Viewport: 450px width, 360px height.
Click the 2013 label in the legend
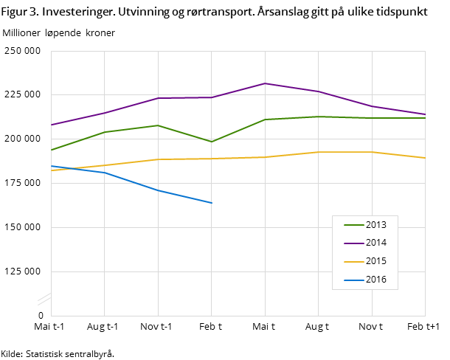tap(375, 225)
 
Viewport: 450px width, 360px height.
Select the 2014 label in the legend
tap(375, 243)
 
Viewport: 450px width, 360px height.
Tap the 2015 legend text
tap(375, 261)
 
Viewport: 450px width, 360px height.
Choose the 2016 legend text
tap(375, 280)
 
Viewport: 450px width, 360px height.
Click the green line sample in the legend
tap(353, 225)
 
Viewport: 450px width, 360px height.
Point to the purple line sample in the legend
tap(353, 243)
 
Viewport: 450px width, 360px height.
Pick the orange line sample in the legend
tap(353, 261)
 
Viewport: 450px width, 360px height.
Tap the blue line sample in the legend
tap(353, 280)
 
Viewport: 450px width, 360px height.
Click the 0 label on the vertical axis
tap(41, 316)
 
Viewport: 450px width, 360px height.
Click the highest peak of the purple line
tap(265, 83)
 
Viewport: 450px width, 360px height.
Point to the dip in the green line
tap(212, 142)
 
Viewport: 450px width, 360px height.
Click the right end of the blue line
tap(212, 203)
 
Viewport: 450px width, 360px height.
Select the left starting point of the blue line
tap(51, 166)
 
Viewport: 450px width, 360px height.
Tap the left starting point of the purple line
tap(51, 125)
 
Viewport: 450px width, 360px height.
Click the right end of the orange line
tap(425, 158)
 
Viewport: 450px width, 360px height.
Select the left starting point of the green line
tap(51, 150)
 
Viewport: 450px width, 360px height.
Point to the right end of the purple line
tap(425, 114)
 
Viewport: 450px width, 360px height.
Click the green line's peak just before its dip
tap(158, 125)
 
